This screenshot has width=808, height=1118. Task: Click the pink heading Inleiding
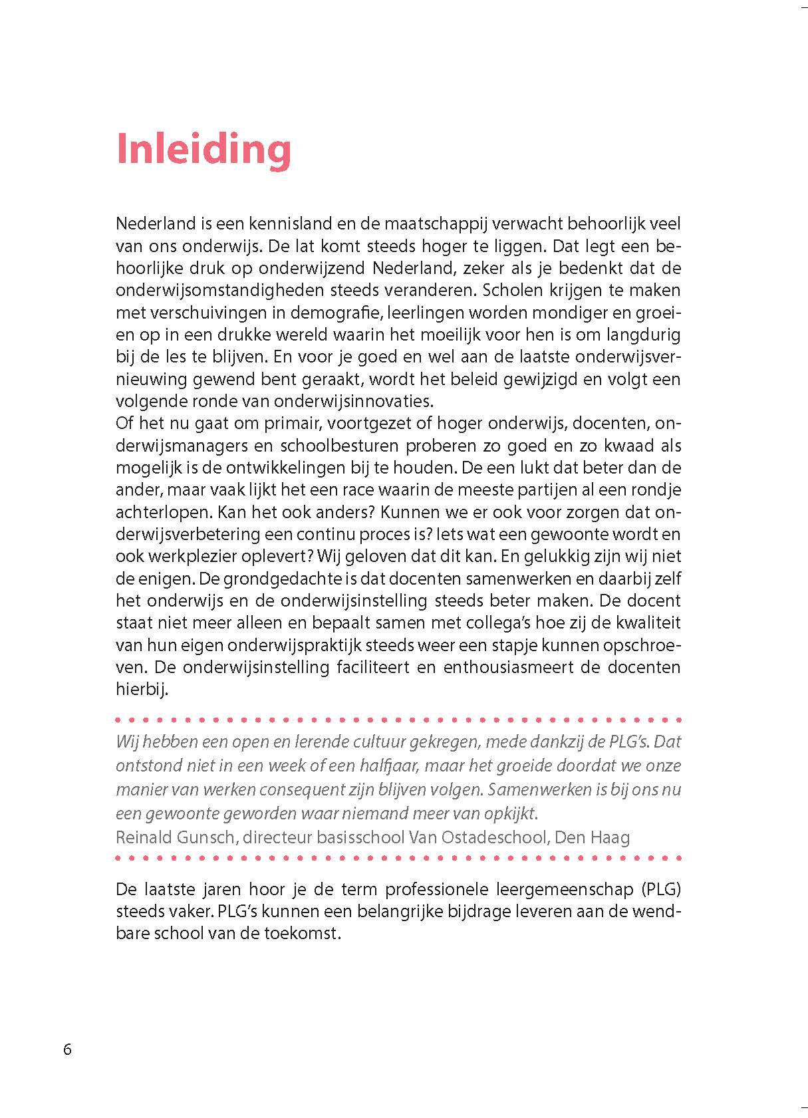coord(203,150)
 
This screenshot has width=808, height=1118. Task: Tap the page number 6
coord(67,1049)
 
